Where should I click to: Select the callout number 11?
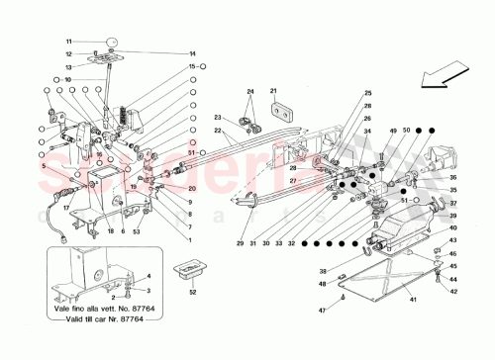pyautogui.click(x=70, y=41)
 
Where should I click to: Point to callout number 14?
pyautogui.click(x=164, y=53)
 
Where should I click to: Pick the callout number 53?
pyautogui.click(x=137, y=230)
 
